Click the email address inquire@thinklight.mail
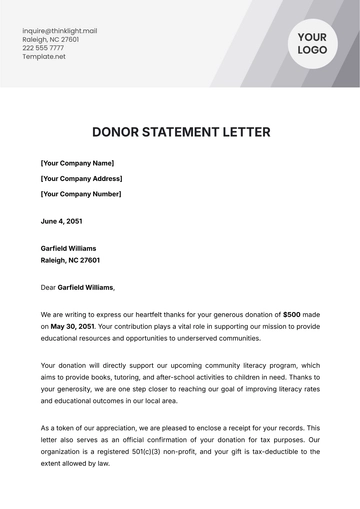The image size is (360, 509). click(59, 30)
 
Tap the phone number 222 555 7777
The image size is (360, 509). click(42, 48)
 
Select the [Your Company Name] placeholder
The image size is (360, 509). click(77, 163)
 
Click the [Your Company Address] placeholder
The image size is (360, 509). click(82, 178)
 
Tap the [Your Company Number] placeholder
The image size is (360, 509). click(81, 194)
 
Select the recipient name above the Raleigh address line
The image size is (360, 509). click(68, 246)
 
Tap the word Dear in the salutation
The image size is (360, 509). click(48, 287)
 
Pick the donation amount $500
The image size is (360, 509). click(292, 313)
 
